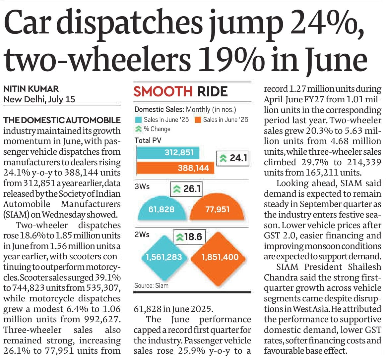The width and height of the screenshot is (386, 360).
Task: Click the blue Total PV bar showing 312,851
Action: coord(168,152)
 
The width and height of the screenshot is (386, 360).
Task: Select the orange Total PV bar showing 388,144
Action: coord(175,168)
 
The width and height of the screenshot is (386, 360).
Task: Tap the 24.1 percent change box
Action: coord(233,158)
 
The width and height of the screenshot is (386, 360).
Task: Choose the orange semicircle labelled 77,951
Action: coord(217,207)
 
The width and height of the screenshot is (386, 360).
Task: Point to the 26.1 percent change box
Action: coord(187,189)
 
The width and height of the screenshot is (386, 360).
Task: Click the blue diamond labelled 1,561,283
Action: coord(164,257)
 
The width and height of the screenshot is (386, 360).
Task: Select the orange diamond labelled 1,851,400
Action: coord(219,258)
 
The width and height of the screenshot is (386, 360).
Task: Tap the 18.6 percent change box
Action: coord(189,237)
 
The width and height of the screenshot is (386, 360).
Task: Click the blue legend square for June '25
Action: coord(138,120)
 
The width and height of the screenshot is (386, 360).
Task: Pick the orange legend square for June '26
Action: coord(198,120)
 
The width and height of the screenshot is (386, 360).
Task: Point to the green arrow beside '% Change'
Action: coord(138,129)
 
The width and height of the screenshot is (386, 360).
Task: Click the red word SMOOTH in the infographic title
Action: coord(163,91)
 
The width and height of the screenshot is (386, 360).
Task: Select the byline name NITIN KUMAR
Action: coord(31,88)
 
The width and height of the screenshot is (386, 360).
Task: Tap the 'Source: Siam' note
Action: coord(152,286)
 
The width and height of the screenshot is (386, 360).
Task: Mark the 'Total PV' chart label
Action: coord(148,141)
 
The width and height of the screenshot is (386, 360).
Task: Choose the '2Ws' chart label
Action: coord(142,234)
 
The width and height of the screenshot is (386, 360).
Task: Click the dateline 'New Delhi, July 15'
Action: coord(39,99)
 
